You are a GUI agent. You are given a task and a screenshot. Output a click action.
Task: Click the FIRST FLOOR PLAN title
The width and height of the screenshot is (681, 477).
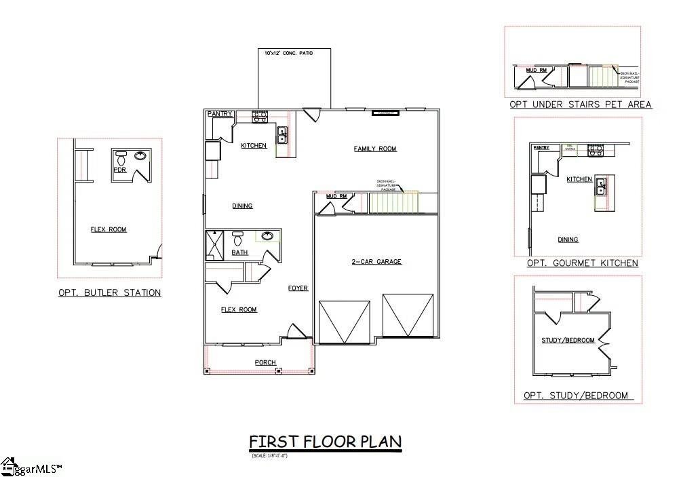pos(325,442)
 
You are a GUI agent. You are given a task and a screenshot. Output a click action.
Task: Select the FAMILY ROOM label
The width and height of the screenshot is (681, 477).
pos(375,149)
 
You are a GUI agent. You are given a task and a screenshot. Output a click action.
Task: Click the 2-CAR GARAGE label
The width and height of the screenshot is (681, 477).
pos(376,261)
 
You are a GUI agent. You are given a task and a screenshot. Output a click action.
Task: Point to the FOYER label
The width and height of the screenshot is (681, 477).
pos(298,288)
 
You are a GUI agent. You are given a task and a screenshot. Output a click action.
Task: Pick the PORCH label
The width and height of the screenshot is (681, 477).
pos(265,362)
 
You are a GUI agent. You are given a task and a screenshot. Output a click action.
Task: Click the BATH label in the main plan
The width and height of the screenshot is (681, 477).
pos(239,252)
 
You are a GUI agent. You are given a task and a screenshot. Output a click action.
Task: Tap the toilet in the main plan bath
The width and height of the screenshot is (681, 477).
pos(237,239)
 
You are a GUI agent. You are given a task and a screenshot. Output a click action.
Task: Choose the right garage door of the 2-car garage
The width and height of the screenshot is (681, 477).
pos(408,316)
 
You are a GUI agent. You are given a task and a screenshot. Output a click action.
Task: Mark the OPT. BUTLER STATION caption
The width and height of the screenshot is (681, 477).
pos(109,293)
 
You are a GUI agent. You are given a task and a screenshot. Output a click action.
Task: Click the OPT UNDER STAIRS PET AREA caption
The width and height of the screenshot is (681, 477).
pos(581,104)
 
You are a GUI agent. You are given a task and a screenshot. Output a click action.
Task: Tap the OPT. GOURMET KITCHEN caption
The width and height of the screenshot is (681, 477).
pos(582,263)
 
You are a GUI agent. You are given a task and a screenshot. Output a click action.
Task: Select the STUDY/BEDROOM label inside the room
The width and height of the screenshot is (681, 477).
pos(568,340)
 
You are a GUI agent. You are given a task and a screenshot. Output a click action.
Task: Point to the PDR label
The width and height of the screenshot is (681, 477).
pos(119,170)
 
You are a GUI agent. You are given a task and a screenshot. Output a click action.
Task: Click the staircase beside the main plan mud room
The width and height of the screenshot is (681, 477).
pos(393,203)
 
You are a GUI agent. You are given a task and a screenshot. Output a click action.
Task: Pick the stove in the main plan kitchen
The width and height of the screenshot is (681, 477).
pos(258,117)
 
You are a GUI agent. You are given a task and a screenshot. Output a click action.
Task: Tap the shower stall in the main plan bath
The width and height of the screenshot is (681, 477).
pos(214,245)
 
